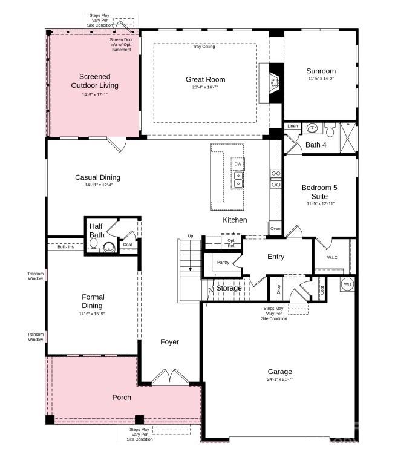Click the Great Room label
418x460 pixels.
pos(205,79)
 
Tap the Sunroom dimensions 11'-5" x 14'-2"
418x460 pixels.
pos(321,78)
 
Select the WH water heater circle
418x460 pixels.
pos(348,284)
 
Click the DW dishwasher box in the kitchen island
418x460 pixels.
pos(238,164)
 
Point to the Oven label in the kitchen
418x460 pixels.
pos(275,229)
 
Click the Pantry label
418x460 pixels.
pos(223,262)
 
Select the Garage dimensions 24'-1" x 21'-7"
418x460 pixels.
pos(279,379)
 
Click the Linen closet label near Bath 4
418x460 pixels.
pos(293,126)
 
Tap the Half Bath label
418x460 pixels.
pos(97,231)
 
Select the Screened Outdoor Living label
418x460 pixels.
pos(94,81)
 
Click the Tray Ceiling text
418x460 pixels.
pos(204,47)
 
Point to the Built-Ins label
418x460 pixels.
pos(66,247)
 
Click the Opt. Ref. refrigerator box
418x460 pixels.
pos(231,243)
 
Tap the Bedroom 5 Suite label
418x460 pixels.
pos(319,192)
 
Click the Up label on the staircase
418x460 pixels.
pos(191,236)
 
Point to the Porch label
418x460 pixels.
pos(122,398)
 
